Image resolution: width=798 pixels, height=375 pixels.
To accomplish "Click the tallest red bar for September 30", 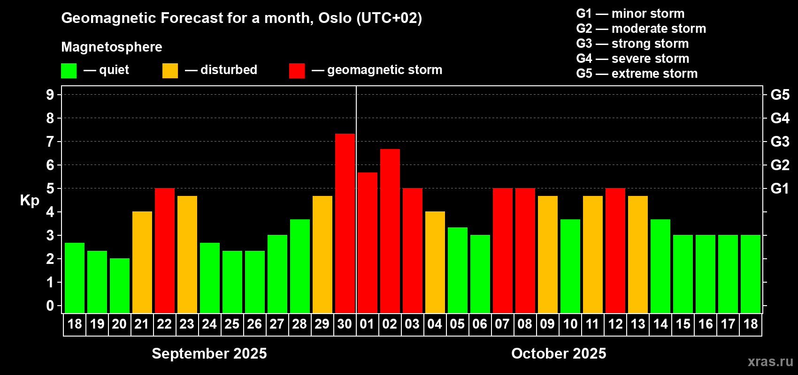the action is click(345, 223).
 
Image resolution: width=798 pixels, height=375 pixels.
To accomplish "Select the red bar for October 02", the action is click(390, 231).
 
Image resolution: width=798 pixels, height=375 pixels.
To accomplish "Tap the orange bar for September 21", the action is click(142, 262).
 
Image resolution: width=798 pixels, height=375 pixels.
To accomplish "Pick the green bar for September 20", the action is click(120, 285).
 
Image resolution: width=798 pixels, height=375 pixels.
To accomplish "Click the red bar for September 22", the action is click(165, 250).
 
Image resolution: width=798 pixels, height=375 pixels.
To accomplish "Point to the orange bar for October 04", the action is click(435, 262).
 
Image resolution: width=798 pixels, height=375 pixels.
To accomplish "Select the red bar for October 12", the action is click(615, 250).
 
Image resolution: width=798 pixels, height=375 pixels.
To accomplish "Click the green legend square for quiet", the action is click(69, 70).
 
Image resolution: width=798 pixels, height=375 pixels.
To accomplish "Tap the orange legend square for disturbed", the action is click(170, 70).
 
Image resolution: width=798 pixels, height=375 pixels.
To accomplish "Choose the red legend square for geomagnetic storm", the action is click(297, 70).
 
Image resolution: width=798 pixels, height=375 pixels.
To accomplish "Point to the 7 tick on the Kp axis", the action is click(50, 142).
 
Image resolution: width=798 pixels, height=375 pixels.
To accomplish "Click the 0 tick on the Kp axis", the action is click(50, 306).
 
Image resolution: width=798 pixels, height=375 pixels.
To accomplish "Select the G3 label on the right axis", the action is click(780, 142).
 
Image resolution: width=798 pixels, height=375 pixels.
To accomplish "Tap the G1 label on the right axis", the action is click(780, 188).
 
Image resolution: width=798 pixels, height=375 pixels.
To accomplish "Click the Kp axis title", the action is click(30, 200).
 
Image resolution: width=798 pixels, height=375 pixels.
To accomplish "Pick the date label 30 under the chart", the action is click(345, 324).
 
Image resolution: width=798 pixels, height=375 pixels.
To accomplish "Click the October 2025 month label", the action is click(559, 353).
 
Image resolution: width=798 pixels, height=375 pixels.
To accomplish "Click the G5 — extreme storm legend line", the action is click(637, 73).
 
